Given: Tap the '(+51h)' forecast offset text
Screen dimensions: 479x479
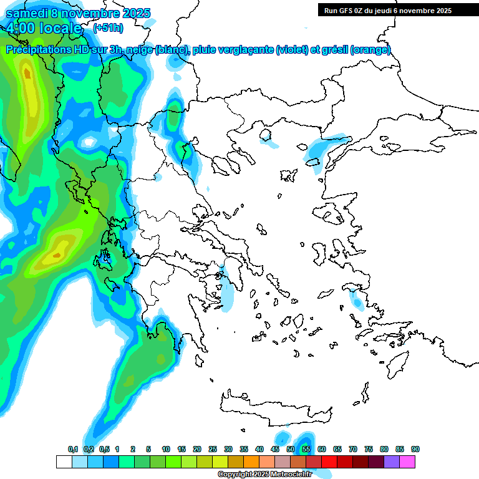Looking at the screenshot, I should coord(108,27).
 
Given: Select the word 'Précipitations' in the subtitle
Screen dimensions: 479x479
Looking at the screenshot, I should coord(38,50).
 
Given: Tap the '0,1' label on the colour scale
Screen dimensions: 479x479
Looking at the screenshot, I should coord(73,449).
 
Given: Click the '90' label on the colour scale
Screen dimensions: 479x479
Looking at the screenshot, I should coord(415,449).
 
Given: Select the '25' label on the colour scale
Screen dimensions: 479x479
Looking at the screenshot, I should coord(213,449).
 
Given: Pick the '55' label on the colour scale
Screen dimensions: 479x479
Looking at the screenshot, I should coord(306,449).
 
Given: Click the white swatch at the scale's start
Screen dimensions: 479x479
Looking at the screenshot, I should coord(64,462).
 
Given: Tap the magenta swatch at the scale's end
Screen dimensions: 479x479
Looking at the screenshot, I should coord(408,462).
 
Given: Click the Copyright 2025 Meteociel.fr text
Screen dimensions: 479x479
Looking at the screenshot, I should coord(265,474).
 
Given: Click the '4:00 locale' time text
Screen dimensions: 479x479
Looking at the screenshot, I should coord(44,28).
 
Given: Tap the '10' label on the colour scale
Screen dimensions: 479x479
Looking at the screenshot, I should coord(166,449).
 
